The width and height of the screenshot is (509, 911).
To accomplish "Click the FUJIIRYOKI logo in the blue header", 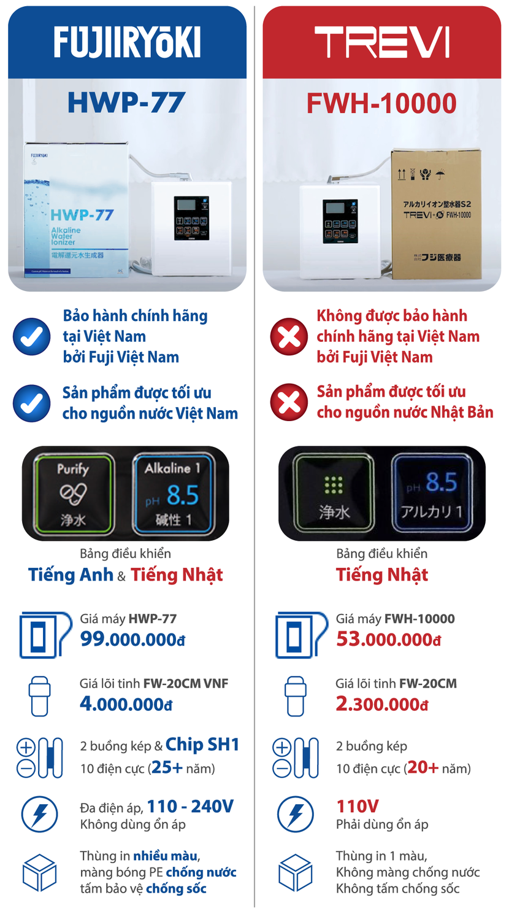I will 127,42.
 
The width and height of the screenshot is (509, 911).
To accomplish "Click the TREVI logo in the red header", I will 381,42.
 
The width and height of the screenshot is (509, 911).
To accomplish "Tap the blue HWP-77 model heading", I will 126,102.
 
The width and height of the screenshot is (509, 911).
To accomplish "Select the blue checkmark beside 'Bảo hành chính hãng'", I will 32,336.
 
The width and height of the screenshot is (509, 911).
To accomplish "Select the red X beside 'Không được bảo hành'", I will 289,336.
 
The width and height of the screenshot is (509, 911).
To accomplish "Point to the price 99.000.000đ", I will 132,639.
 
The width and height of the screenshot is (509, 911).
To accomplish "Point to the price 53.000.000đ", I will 388,639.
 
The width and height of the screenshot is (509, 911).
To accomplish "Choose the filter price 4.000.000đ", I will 126,704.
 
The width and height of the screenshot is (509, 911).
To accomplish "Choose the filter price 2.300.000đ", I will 381,704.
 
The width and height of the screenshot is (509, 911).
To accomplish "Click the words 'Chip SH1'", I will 202,745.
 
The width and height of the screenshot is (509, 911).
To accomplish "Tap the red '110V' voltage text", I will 357,806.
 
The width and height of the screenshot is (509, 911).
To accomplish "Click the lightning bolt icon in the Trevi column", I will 295,814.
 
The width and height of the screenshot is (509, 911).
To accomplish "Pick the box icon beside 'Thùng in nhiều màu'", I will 39,872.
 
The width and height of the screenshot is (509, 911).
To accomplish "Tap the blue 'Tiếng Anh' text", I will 71,575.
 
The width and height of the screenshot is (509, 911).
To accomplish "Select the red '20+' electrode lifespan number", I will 423,768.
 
